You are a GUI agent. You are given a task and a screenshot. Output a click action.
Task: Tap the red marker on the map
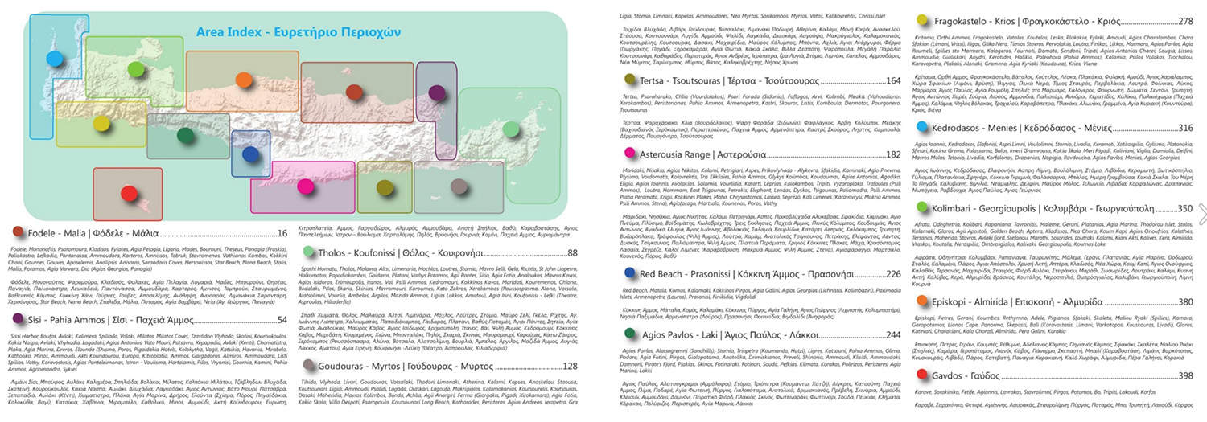(130, 193)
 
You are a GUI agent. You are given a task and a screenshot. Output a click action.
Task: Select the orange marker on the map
(244, 79)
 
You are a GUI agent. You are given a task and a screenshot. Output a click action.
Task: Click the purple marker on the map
(437, 91)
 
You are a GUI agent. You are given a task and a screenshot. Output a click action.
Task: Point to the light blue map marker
(55, 58)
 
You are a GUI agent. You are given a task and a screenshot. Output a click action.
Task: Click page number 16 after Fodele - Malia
(282, 233)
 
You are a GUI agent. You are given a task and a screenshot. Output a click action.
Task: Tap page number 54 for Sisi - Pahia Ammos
(282, 320)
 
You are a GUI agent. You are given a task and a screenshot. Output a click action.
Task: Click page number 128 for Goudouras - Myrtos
(570, 367)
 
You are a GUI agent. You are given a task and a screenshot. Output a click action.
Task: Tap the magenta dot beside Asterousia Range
(630, 154)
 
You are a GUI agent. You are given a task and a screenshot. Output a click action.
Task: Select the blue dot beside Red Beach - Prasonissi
(630, 273)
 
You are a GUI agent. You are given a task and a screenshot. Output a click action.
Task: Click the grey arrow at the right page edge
(1202, 213)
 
